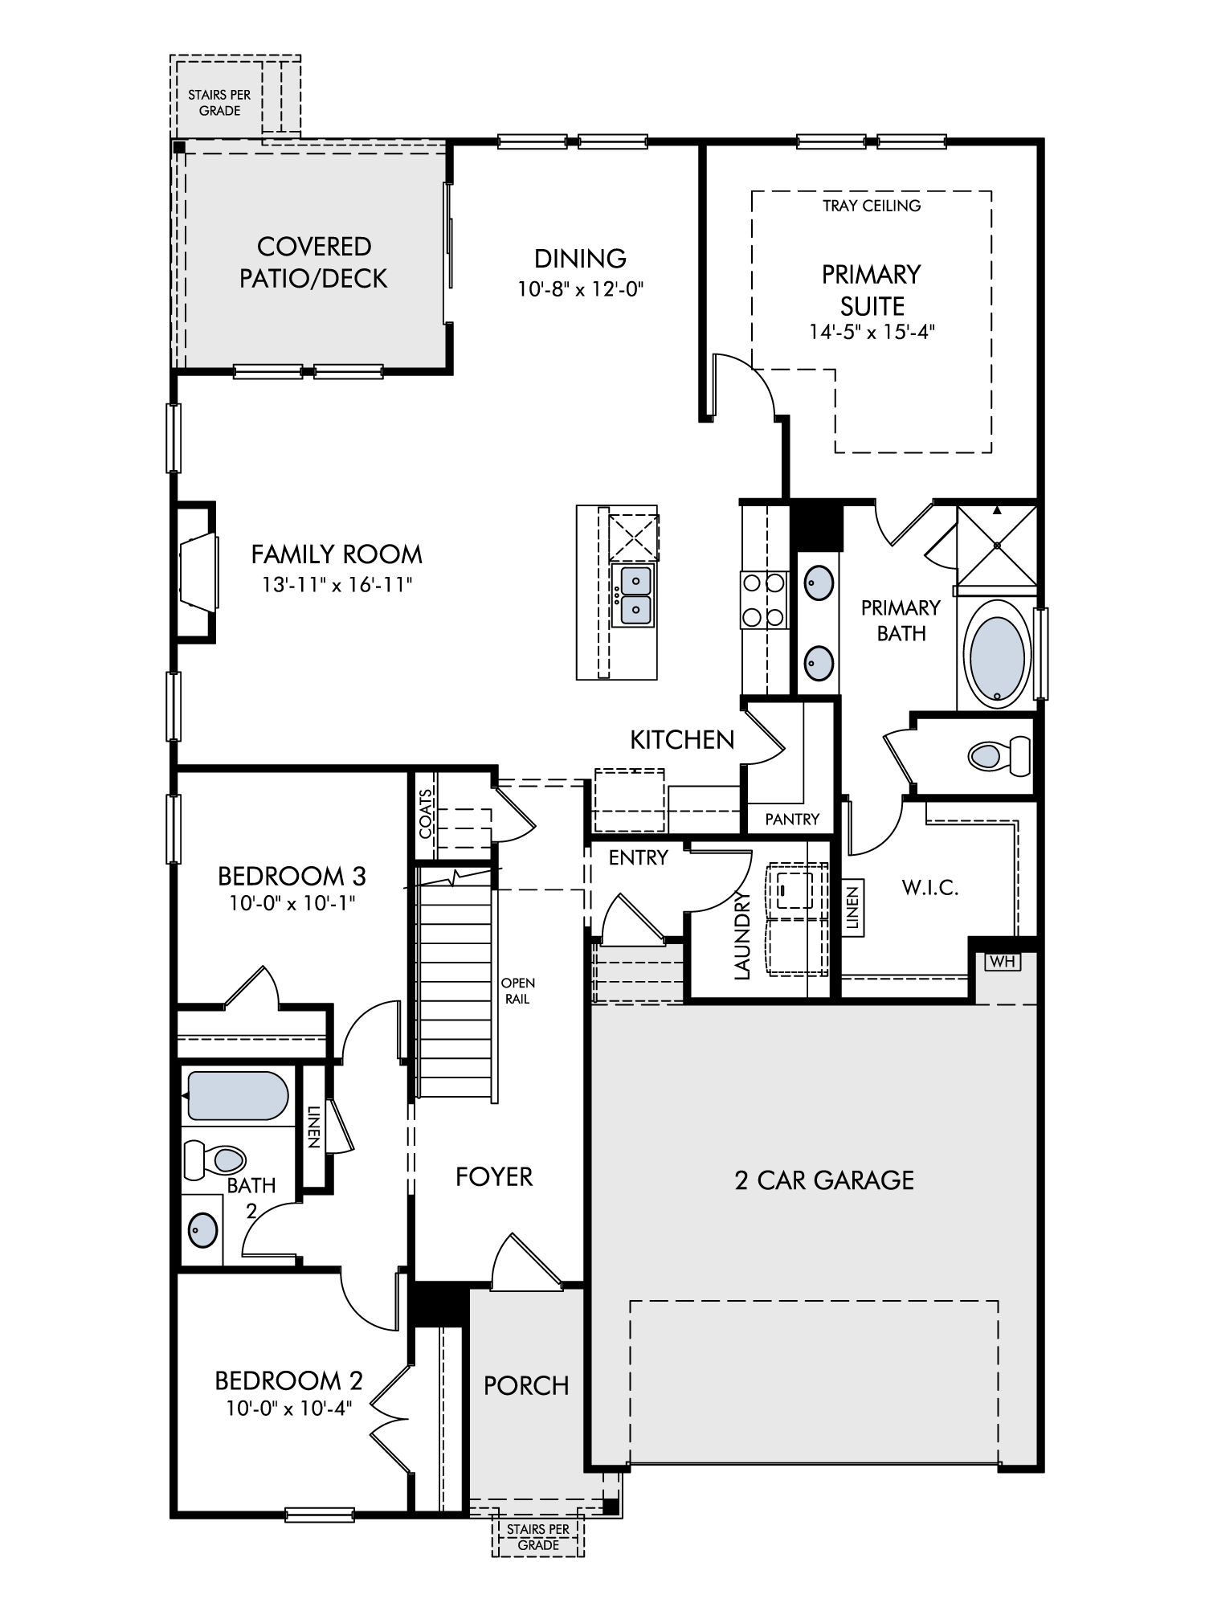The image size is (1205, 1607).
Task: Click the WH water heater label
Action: click(1003, 961)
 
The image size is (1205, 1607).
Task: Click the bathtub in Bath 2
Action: click(237, 1095)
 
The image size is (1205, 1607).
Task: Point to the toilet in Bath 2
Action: click(214, 1159)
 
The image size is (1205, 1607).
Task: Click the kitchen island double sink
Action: click(633, 595)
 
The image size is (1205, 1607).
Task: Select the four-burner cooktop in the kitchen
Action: click(762, 599)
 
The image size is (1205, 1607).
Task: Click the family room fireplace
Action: click(196, 572)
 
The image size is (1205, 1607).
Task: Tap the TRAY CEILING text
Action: click(871, 206)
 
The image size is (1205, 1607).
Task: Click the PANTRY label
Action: click(792, 819)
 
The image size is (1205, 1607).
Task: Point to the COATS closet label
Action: click(426, 812)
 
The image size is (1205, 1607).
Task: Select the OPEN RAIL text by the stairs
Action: click(517, 991)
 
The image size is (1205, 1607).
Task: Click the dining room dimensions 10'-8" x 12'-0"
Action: click(582, 288)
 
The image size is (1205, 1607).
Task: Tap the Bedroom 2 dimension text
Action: click(289, 1409)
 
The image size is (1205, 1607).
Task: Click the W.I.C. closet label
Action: click(930, 888)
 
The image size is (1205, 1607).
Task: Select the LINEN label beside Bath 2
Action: click(313, 1127)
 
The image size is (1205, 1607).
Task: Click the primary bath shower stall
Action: click(997, 546)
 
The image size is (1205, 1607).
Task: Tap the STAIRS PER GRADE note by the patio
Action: click(219, 103)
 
